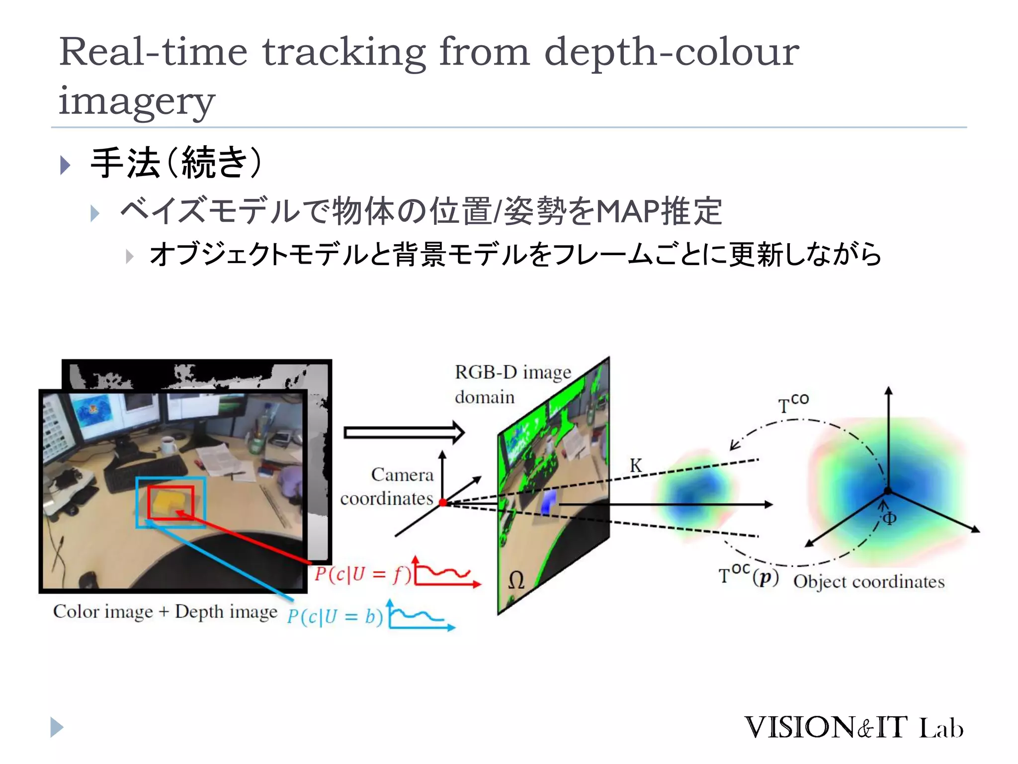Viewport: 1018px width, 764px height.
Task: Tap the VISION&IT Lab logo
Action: pyautogui.click(x=853, y=727)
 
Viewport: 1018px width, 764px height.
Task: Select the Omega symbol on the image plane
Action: pyautogui.click(x=516, y=580)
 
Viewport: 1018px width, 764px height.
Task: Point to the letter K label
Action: pyautogui.click(x=636, y=466)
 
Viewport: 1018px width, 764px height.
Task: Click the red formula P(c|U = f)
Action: pyautogui.click(x=362, y=574)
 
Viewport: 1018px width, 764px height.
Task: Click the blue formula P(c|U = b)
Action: pyautogui.click(x=335, y=617)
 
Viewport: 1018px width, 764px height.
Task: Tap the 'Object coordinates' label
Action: pyautogui.click(x=868, y=581)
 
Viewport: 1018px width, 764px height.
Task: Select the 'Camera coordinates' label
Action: pyautogui.click(x=387, y=486)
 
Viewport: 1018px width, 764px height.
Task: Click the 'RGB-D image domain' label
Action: pyautogui.click(x=512, y=384)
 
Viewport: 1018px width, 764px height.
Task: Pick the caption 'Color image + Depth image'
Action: pyautogui.click(x=165, y=611)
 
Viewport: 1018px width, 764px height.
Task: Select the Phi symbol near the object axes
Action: pyautogui.click(x=889, y=519)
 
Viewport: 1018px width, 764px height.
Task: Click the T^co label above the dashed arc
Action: pyautogui.click(x=793, y=403)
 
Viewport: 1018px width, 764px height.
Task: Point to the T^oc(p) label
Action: pyautogui.click(x=748, y=576)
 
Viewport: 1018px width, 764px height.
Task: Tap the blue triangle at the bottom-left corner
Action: pyautogui.click(x=57, y=727)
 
